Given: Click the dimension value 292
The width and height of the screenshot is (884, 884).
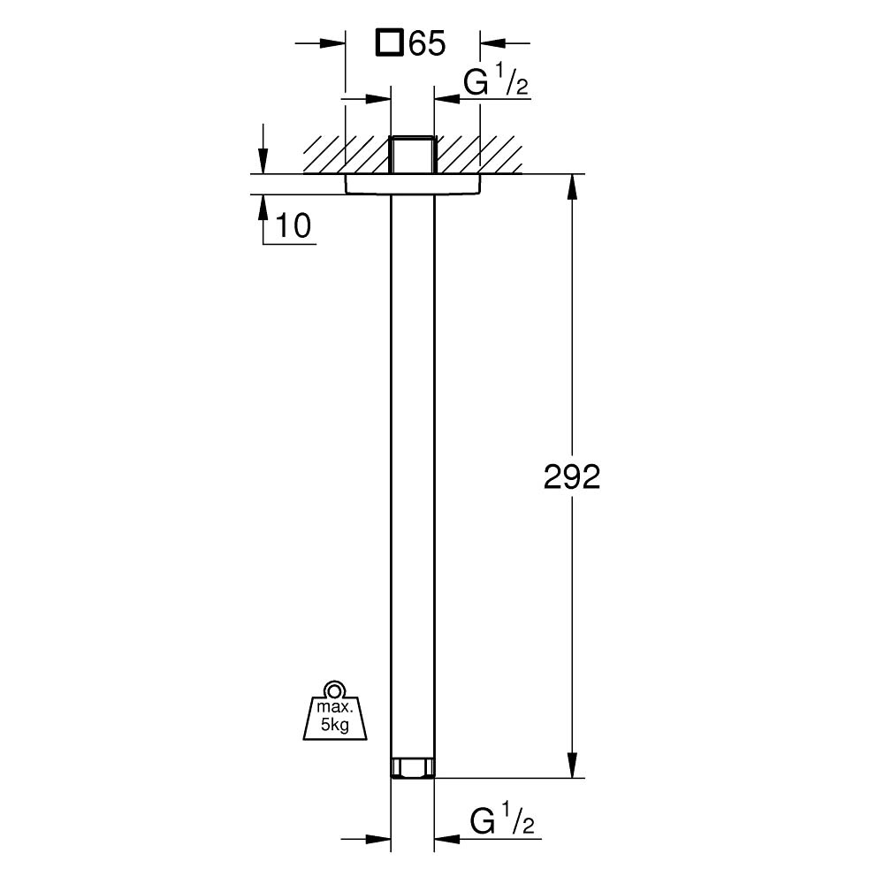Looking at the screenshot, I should click(572, 477).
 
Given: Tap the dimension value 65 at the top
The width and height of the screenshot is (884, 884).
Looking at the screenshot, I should click(426, 43).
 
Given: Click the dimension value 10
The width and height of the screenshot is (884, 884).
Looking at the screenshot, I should click(293, 226).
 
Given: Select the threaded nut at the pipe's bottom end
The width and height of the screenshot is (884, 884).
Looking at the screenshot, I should click(412, 767).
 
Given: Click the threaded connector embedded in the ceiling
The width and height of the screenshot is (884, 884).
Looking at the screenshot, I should click(412, 155).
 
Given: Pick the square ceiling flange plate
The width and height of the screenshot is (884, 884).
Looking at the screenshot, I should click(412, 183).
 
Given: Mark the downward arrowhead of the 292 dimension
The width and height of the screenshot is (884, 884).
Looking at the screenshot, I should click(573, 766).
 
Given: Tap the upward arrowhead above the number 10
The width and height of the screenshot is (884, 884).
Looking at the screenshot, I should click(263, 206).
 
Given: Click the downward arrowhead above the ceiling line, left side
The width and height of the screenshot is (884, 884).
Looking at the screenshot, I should click(263, 162).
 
